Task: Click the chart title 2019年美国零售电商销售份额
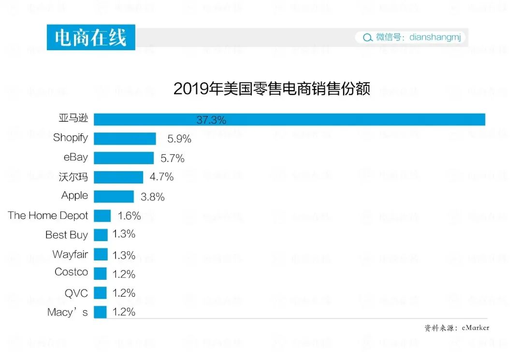272,89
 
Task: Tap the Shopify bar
125,139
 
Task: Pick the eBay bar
124,158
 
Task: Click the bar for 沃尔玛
118,177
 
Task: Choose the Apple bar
114,196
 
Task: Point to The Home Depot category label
48,216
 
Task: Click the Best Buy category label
67,235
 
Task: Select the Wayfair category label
70,254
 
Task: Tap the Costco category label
72,272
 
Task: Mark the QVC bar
100,293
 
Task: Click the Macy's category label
68,312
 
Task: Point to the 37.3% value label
211,120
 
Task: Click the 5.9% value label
179,139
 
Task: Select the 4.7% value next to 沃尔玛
161,177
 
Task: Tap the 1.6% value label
129,216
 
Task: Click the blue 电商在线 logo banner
91,37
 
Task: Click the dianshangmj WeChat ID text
435,37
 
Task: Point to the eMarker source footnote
457,328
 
